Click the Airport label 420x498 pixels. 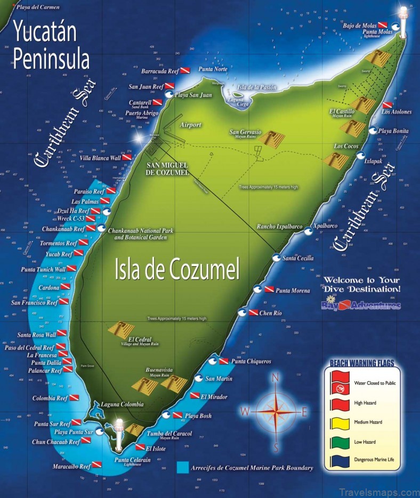pyautogui.click(x=191, y=125)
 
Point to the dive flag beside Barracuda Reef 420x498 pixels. pyautogui.click(x=185, y=70)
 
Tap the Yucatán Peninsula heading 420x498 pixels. pyautogui.click(x=51, y=45)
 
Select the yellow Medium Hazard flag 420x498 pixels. pyautogui.click(x=339, y=422)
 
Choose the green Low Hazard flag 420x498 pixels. pyautogui.click(x=339, y=441)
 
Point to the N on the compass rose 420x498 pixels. pyautogui.click(x=276, y=378)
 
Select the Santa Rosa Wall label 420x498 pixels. pyautogui.click(x=37, y=334)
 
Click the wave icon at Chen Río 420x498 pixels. pyautogui.click(x=243, y=312)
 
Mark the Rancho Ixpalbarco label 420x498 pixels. pyautogui.click(x=280, y=226)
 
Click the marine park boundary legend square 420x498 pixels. pyautogui.click(x=183, y=468)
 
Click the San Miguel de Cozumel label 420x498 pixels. pyautogui.click(x=167, y=168)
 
